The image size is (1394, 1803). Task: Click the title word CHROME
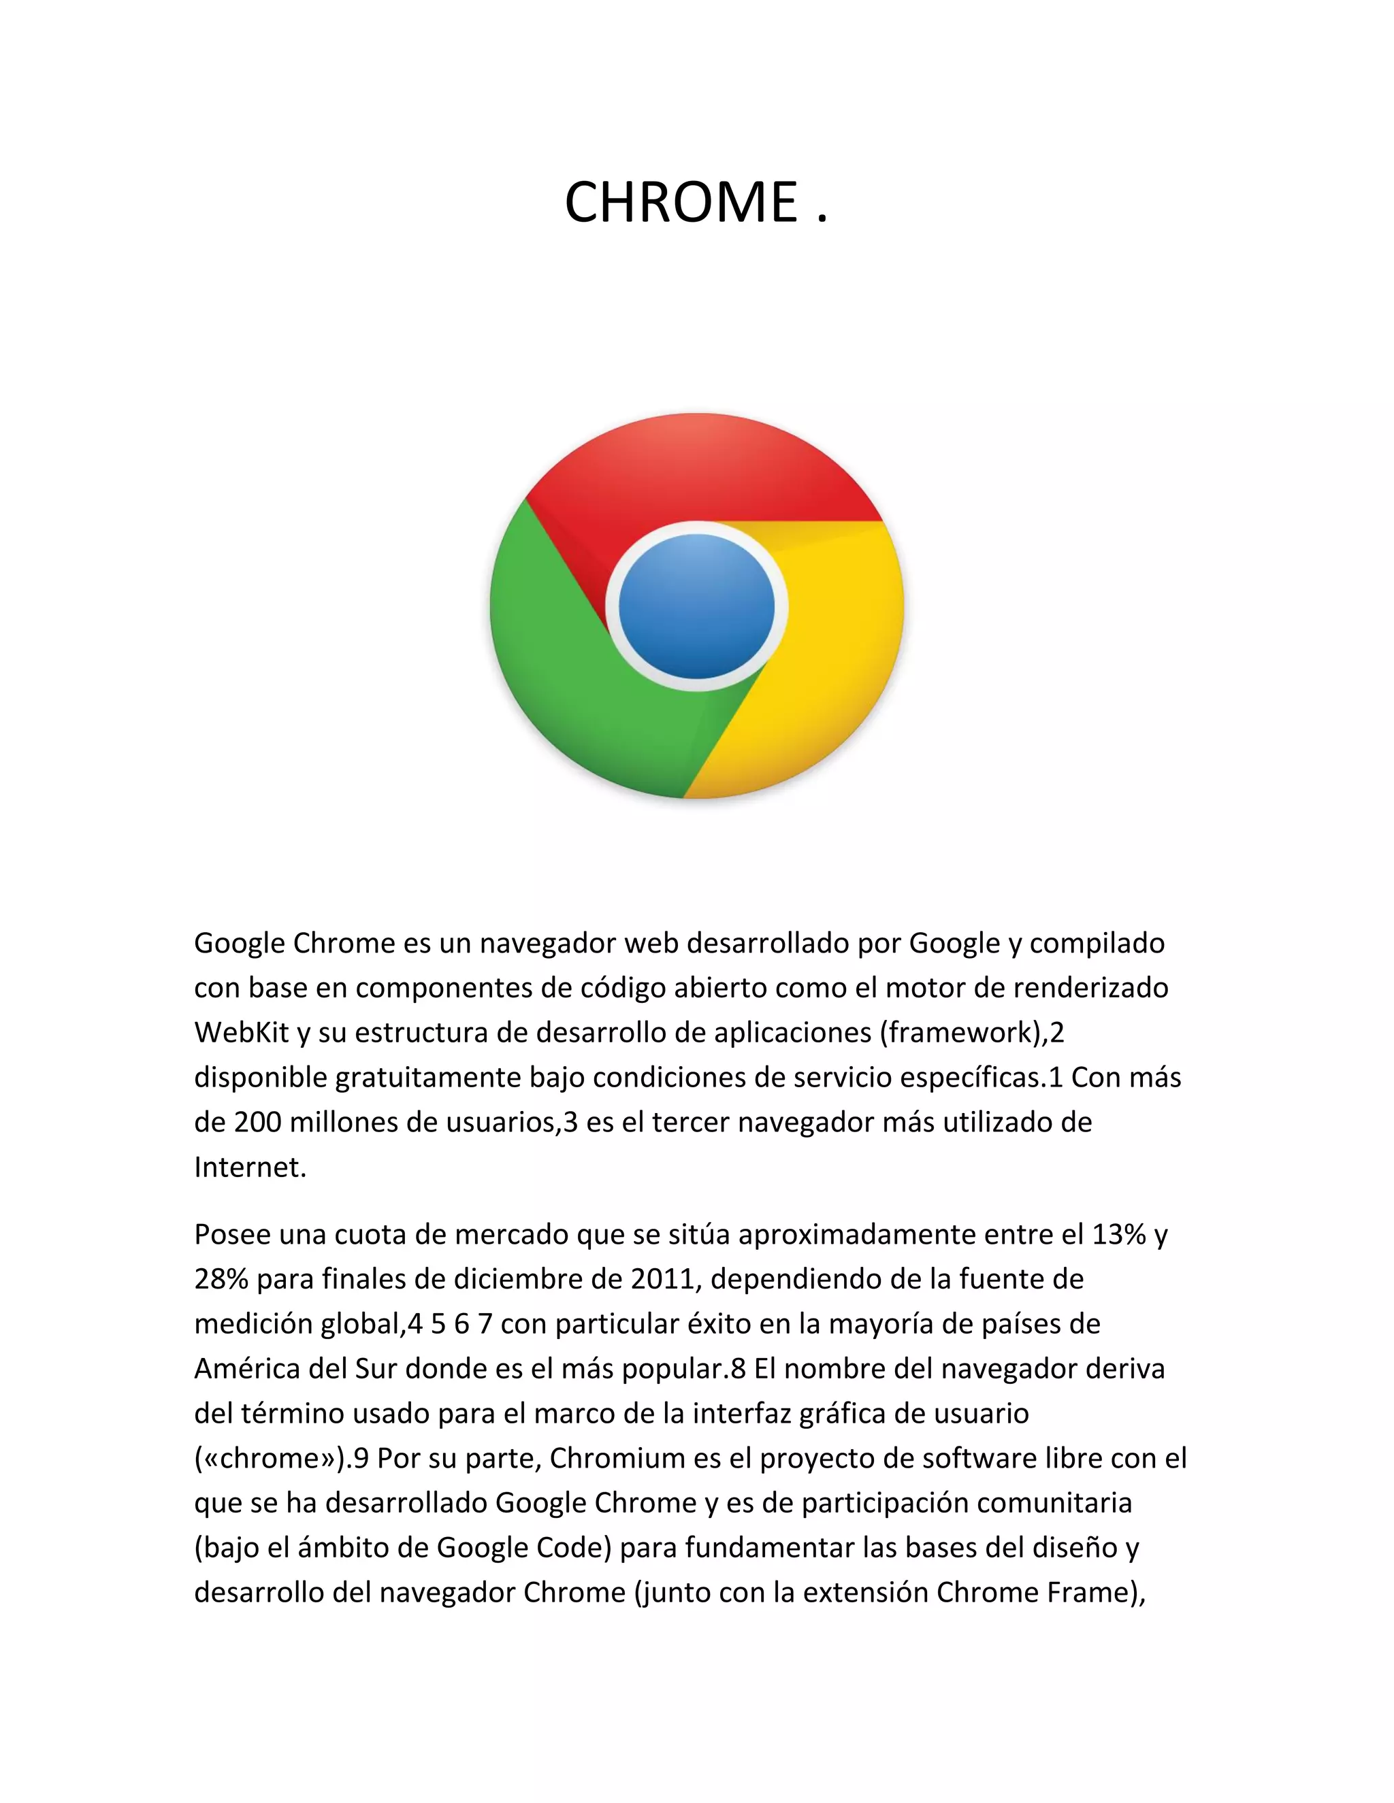pyautogui.click(x=681, y=202)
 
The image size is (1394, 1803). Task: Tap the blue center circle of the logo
pyautogui.click(x=696, y=607)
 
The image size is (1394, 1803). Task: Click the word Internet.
pyautogui.click(x=249, y=1168)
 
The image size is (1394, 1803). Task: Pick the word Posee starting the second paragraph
pyautogui.click(x=231, y=1234)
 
